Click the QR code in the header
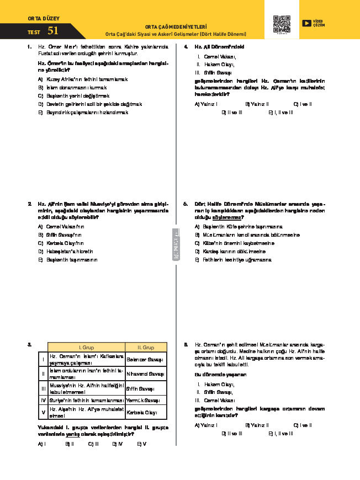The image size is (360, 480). [281, 24]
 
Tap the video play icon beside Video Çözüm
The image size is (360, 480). [306, 23]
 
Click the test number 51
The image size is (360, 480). [53, 31]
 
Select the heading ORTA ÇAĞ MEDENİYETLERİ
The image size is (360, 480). [176, 26]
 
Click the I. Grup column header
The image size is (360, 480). [86, 348]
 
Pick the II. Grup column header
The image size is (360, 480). [146, 348]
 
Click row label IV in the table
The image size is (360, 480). [43, 400]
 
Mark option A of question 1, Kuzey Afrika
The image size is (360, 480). [83, 79]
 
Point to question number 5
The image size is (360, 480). [186, 204]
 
